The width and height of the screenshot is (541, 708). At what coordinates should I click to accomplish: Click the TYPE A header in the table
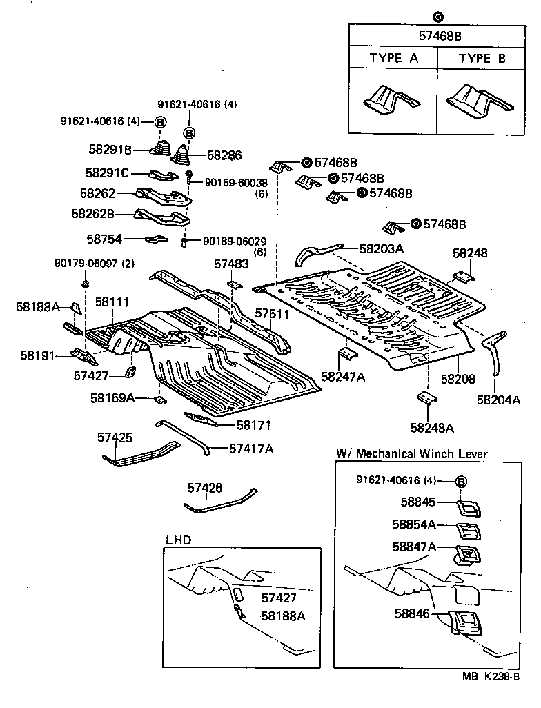click(393, 58)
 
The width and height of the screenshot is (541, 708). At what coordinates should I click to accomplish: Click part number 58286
click(224, 156)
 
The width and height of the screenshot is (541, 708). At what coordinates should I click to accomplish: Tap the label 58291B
click(110, 148)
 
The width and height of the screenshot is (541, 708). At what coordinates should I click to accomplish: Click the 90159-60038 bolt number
click(236, 182)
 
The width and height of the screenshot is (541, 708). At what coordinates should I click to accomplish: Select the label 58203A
click(381, 248)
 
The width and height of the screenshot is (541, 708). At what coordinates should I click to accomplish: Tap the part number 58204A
click(498, 399)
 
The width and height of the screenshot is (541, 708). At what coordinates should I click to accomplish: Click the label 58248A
click(432, 428)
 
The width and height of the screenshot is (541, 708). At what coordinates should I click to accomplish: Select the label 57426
click(205, 488)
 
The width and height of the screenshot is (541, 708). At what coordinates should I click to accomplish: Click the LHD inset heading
click(179, 540)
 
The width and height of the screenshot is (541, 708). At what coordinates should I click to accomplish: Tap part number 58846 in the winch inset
click(413, 612)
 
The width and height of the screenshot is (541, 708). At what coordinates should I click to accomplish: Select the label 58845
click(418, 503)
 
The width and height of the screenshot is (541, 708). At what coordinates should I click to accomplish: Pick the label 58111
click(112, 302)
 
